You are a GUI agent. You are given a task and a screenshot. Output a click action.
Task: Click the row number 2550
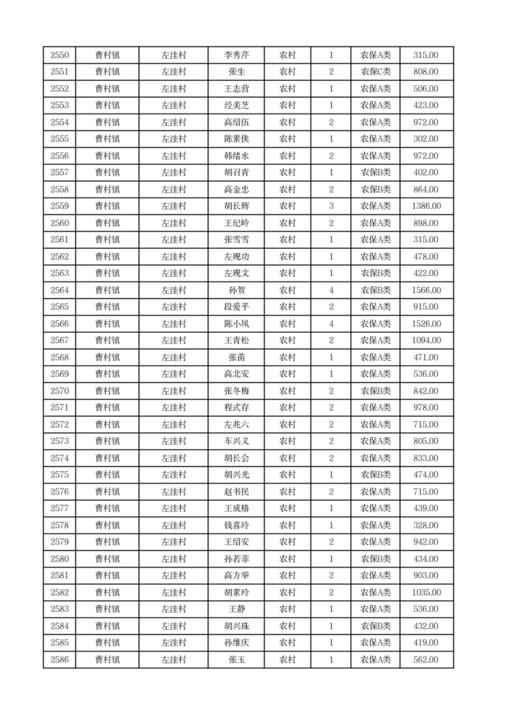59,56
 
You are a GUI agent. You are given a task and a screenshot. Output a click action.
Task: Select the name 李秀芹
236,56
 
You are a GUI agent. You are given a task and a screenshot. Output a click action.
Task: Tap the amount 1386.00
426,206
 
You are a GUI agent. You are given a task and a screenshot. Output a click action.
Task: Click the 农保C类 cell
375,72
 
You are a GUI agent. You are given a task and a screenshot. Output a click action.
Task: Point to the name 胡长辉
236,206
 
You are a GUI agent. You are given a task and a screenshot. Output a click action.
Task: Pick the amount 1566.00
426,290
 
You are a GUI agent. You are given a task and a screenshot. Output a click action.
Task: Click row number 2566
59,324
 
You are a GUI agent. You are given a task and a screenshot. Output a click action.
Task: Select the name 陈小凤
236,324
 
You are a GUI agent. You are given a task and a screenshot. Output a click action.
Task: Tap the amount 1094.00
426,341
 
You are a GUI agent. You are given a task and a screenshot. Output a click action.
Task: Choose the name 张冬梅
236,391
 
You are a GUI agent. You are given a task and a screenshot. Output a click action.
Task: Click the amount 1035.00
426,593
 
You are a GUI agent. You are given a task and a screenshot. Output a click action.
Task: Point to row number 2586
59,660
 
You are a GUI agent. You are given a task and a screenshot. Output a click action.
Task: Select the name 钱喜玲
236,525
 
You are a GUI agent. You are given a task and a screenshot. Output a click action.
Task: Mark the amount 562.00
426,660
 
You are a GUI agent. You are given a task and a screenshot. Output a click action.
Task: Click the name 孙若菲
236,559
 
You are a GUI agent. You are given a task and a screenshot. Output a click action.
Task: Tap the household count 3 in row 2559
331,206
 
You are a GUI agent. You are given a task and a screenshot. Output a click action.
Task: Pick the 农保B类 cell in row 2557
375,173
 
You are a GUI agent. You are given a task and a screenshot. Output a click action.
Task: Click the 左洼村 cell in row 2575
173,475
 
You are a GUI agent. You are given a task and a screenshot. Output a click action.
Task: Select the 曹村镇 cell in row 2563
107,273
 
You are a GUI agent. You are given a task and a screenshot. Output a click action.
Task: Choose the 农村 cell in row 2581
287,576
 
